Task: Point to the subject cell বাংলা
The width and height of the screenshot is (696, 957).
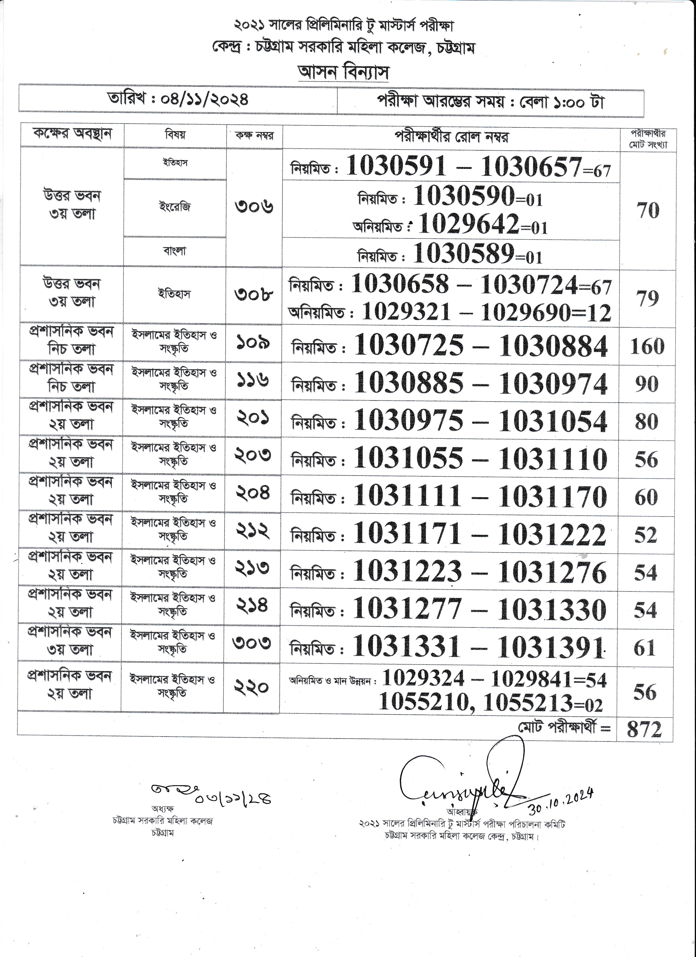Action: (175, 252)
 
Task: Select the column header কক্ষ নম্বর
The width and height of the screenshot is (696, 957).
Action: (254, 136)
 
